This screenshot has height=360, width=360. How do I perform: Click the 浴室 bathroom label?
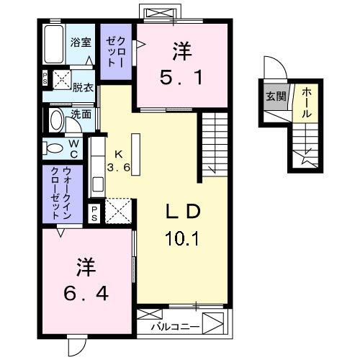click(x=81, y=42)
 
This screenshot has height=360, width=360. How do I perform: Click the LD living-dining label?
click(x=182, y=212)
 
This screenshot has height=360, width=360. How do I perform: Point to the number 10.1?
click(x=181, y=235)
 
